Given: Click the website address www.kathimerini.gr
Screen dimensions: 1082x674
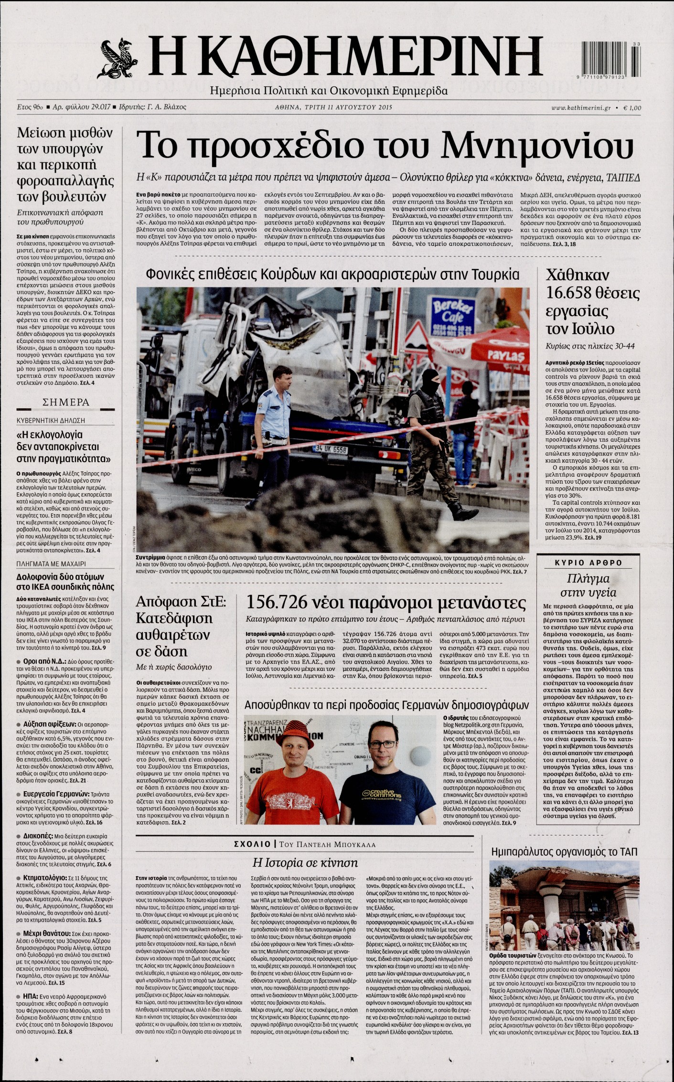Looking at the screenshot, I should pyautogui.click(x=581, y=108).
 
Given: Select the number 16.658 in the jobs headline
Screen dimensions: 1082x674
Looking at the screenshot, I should pyautogui.click(x=570, y=293).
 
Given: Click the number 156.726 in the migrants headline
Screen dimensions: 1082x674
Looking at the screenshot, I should pyautogui.click(x=277, y=602).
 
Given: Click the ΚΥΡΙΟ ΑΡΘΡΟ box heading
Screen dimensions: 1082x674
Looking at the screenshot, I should pyautogui.click(x=588, y=562).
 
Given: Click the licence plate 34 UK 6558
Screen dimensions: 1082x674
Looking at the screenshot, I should pyautogui.click(x=332, y=449).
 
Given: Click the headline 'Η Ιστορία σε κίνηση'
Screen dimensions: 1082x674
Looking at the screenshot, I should pyautogui.click(x=305, y=862).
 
